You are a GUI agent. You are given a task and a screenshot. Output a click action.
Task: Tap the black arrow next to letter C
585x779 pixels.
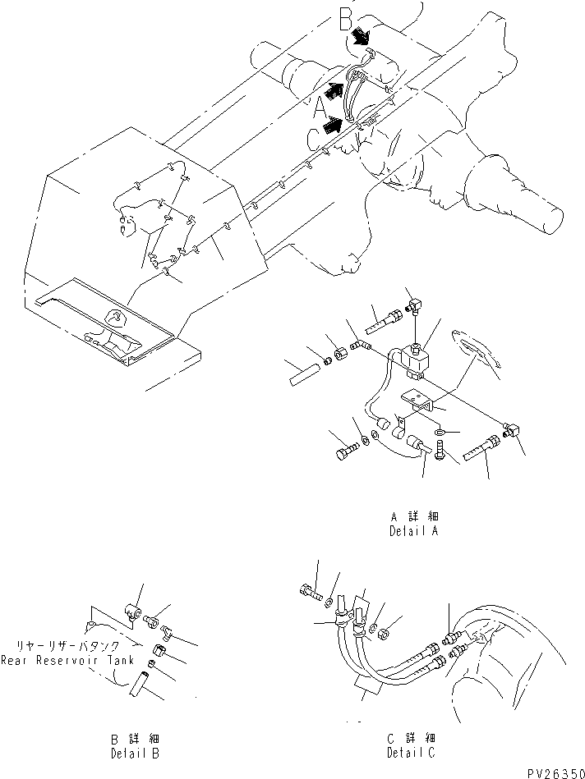pos(334,124)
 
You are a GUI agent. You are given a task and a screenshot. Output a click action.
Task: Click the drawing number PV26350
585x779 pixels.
pos(552,772)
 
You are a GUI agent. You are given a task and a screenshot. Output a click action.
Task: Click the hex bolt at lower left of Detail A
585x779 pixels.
pos(348,451)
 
